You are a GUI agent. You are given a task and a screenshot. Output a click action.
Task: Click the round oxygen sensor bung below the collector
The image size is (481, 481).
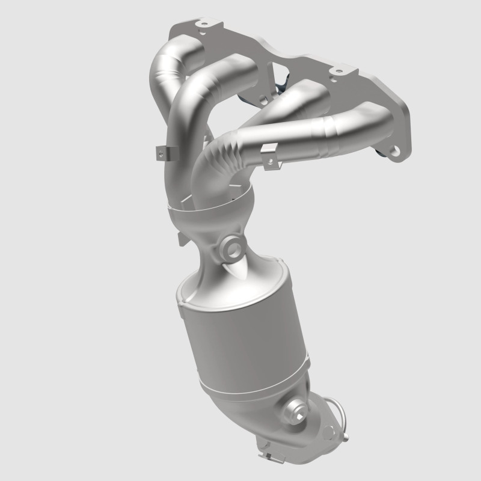coord(231,246)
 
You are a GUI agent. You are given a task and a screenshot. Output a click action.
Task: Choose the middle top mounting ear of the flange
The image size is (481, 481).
coord(337,72)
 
